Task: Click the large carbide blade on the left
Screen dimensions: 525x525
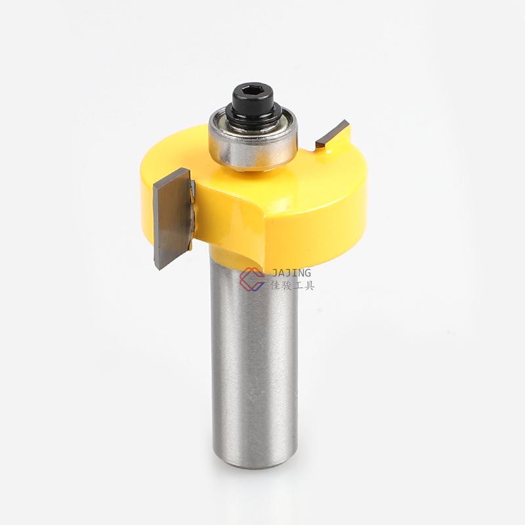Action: point(172,219)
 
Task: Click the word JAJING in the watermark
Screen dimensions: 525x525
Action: point(291,273)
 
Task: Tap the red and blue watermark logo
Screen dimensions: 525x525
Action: point(252,278)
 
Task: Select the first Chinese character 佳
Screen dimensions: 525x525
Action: point(275,285)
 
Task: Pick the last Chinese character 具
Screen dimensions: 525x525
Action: point(308,285)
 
